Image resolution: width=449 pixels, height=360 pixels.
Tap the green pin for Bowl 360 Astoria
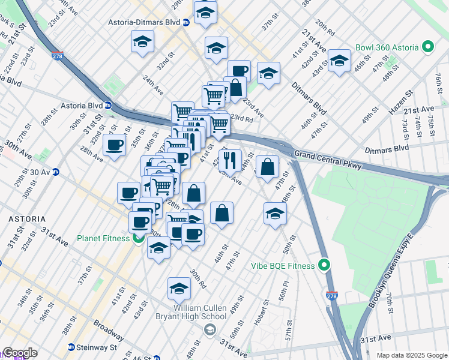pos(428,46)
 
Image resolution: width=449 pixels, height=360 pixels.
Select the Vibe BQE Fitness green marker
pos(325,265)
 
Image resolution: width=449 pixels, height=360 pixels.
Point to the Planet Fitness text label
pos(103,238)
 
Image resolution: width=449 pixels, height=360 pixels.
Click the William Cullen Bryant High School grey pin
pos(209,329)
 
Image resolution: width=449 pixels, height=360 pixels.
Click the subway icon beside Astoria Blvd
pos(108,105)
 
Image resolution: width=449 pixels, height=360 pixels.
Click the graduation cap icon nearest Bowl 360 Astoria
pos(339,61)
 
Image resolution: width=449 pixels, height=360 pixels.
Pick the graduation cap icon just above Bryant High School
pos(179,289)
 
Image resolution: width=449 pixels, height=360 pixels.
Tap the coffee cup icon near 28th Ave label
pos(114,145)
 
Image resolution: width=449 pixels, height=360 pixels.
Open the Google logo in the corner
pos(20,353)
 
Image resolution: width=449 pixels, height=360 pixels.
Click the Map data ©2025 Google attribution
pos(411,355)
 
